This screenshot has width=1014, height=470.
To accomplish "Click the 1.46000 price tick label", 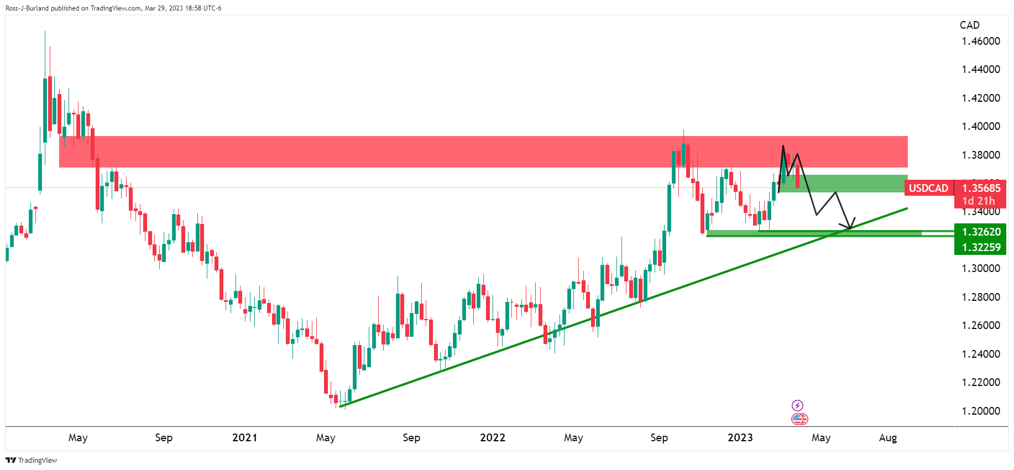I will click(x=980, y=41).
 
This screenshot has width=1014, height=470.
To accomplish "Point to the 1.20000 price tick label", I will click(x=980, y=411).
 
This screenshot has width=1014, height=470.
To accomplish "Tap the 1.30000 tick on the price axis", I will click(x=980, y=268).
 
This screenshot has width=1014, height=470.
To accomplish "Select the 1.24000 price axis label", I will click(x=980, y=354).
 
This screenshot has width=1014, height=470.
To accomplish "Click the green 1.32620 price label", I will click(x=981, y=232).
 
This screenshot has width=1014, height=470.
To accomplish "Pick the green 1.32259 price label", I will click(x=981, y=247).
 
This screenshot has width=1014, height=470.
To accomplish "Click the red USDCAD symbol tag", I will click(x=928, y=188).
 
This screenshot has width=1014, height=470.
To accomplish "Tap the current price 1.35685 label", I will click(x=981, y=188).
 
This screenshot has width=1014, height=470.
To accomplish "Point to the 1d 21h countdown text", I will click(x=978, y=201).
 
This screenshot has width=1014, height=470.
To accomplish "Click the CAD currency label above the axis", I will click(x=969, y=25).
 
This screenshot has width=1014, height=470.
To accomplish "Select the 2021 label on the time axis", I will click(x=244, y=437).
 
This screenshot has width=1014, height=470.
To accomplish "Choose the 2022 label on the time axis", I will click(x=492, y=437).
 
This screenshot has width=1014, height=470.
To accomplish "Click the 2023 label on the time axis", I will click(x=740, y=437).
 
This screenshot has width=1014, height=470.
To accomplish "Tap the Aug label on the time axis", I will click(x=887, y=437).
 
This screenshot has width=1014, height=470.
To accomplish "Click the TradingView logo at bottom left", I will click(x=32, y=460).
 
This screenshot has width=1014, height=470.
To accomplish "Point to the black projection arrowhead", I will click(x=849, y=226).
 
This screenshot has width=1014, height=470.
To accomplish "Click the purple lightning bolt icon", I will click(x=797, y=405).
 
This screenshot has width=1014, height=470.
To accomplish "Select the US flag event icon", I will click(x=799, y=419).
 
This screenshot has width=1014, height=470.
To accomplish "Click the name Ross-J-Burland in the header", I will click(x=27, y=8).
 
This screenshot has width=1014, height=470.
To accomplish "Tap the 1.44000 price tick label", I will click(x=980, y=69).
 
